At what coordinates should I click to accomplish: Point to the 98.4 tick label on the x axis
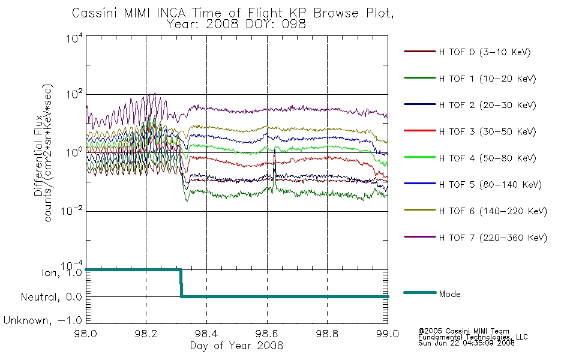pyautogui.click(x=206, y=334)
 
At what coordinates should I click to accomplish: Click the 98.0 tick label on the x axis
pyautogui.click(x=85, y=334)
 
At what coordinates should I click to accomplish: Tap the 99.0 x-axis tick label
pyautogui.click(x=388, y=334)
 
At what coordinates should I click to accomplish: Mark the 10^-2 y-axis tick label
pyautogui.click(x=72, y=211)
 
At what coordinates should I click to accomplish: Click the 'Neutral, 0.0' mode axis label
pyautogui.click(x=51, y=297)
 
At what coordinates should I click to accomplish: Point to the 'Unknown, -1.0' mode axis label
pyautogui.click(x=43, y=320)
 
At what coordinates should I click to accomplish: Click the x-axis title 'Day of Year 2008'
pyautogui.click(x=236, y=346)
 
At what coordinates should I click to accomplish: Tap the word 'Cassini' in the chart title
pyautogui.click(x=95, y=13)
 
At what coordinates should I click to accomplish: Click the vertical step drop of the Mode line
pyautogui.click(x=181, y=283)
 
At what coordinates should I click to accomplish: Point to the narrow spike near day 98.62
pyautogui.click(x=274, y=169)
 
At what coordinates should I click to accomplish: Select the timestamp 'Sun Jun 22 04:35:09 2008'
pyautogui.click(x=466, y=343)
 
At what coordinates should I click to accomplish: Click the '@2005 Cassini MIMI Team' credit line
pyautogui.click(x=463, y=331)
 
